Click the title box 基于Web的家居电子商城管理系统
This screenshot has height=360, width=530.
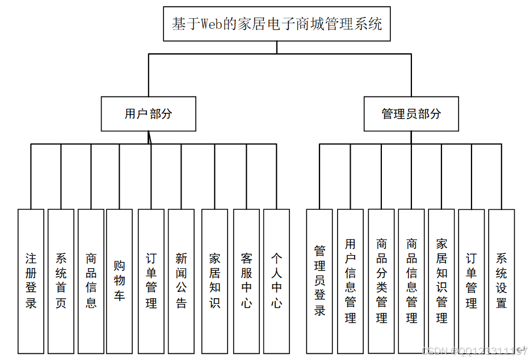point(277,24)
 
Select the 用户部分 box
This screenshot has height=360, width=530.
point(148,114)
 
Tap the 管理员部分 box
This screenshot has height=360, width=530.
point(411,114)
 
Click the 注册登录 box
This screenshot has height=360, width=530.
point(31,281)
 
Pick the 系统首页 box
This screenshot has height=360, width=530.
point(61,281)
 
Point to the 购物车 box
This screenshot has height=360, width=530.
point(119,281)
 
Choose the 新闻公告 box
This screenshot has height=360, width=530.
point(181,281)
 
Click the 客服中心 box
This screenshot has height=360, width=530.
point(246,281)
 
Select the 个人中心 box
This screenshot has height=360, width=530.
point(276,281)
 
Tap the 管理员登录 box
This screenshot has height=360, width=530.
point(319,281)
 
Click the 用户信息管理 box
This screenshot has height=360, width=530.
point(350,281)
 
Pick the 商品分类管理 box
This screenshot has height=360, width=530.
point(381,281)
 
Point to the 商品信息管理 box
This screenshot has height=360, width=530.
point(411,281)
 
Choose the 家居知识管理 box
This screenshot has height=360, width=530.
point(441,281)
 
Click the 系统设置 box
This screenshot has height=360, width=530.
point(502,281)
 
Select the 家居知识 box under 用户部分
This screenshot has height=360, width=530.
point(214,281)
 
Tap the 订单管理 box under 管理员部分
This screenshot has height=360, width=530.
point(472,281)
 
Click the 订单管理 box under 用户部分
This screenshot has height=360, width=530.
point(151,281)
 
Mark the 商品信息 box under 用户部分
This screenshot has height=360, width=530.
point(91,281)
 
